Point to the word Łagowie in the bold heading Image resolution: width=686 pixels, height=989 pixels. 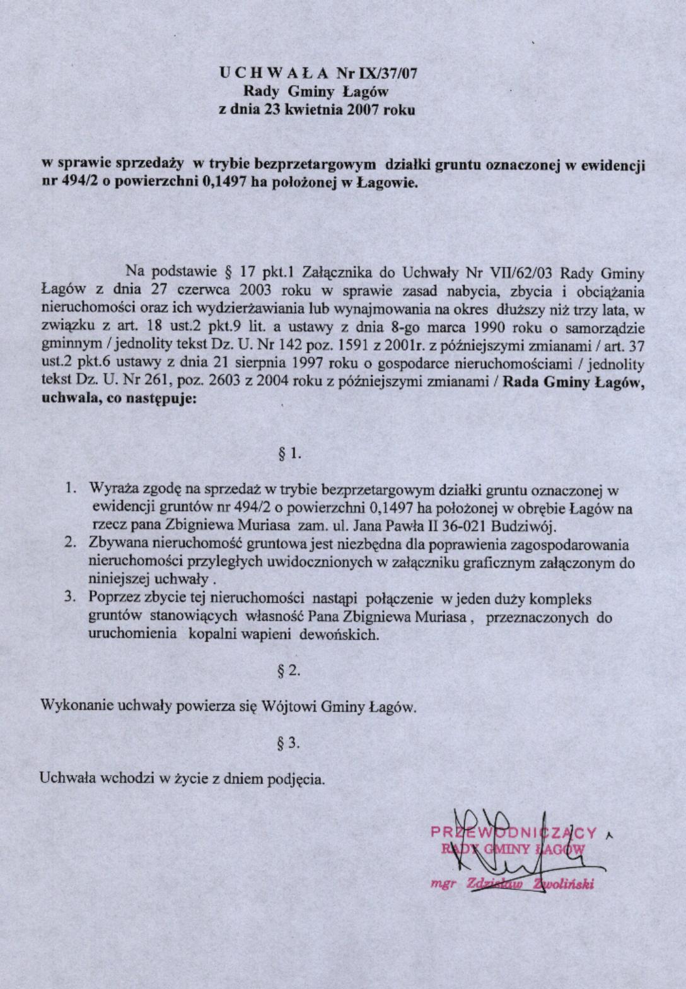click(387, 184)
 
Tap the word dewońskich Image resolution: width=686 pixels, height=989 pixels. click(338, 635)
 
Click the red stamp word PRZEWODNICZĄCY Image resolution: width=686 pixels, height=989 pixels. click(513, 833)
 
